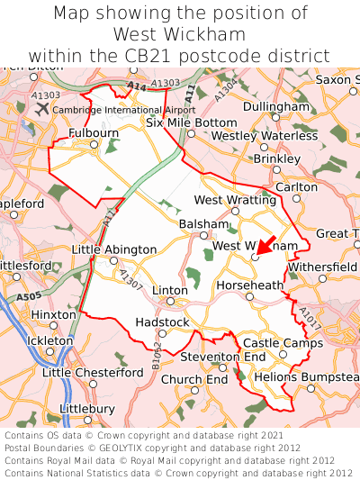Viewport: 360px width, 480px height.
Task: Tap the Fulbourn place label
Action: pyautogui.click(x=94, y=132)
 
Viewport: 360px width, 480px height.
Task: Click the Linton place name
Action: pyautogui.click(x=170, y=290)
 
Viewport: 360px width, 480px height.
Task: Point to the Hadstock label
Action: pyautogui.click(x=162, y=322)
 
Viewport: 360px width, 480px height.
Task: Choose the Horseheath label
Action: pyautogui.click(x=250, y=285)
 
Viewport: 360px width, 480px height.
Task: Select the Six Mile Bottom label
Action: pyautogui.click(x=192, y=122)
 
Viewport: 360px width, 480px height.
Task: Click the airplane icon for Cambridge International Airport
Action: pyautogui.click(x=42, y=109)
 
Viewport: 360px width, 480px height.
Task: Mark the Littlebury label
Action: pyautogui.click(x=86, y=408)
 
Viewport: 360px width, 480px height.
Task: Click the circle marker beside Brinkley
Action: pyautogui.click(x=276, y=168)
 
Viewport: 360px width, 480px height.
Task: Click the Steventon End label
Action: pyautogui.click(x=223, y=358)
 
